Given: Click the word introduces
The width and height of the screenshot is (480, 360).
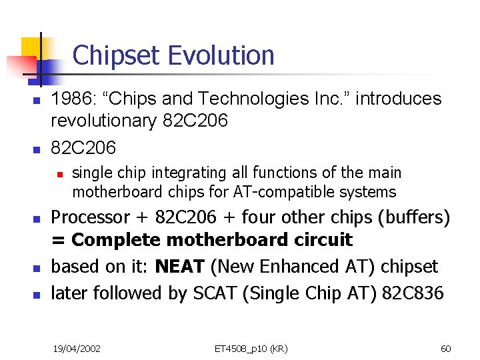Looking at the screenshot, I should pyautogui.click(x=398, y=99).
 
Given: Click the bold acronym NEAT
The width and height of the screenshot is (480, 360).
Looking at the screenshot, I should pyautogui.click(x=179, y=267).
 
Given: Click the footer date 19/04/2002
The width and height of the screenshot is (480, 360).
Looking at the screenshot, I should pyautogui.click(x=77, y=348).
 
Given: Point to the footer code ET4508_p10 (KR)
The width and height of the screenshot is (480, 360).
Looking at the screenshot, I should pyautogui.click(x=251, y=348).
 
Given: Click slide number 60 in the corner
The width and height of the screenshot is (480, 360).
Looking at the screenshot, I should pyautogui.click(x=446, y=348).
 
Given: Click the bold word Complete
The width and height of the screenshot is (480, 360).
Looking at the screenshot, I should pyautogui.click(x=116, y=240).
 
